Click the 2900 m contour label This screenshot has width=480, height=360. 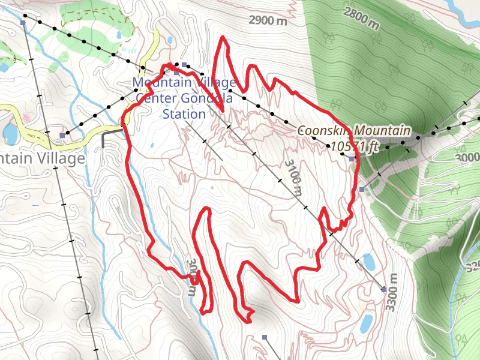click(268, 20)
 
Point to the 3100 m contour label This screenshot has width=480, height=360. click(293, 178)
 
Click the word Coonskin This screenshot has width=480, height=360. click(325, 131)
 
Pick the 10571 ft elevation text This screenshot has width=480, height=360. click(355, 146)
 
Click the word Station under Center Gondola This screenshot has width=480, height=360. click(184, 113)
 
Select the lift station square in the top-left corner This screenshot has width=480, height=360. click(23, 23)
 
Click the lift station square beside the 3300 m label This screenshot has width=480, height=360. click(384, 290)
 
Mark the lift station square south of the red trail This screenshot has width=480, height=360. click(265, 337)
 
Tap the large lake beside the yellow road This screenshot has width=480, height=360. click(10, 133)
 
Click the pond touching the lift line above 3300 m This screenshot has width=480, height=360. click(368, 262)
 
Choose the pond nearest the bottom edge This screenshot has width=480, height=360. click(366, 323)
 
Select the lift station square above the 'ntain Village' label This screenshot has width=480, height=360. click(62, 136)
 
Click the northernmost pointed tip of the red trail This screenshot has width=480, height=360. click(223, 38)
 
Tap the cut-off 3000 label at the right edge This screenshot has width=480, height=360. click(470, 157)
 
